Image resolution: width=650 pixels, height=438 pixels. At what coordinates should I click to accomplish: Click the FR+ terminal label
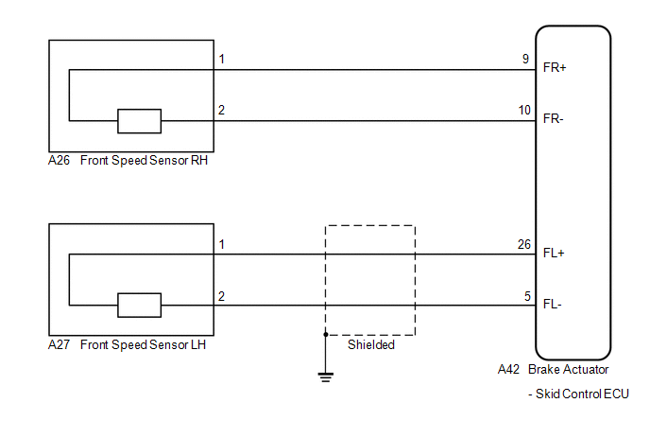(x=555, y=68)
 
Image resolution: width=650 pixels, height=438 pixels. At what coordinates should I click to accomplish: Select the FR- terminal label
(x=554, y=119)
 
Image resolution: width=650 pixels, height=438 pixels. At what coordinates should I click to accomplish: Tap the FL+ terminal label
(x=554, y=253)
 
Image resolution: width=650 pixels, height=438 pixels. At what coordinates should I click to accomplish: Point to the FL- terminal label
(x=553, y=305)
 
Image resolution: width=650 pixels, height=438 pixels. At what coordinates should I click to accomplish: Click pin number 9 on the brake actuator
(x=525, y=59)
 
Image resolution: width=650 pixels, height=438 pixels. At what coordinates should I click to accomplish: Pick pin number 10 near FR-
(x=524, y=110)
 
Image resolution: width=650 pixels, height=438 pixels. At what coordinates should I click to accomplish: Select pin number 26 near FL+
(x=524, y=244)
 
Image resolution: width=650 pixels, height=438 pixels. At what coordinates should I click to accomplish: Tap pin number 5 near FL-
(x=527, y=296)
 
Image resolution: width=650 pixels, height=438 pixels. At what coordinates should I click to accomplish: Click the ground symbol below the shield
(x=326, y=377)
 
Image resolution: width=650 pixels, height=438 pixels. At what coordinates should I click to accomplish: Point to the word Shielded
(x=371, y=344)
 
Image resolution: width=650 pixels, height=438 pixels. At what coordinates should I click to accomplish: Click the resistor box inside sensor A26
(x=139, y=121)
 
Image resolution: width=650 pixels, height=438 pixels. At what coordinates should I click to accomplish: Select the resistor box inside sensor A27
(x=139, y=306)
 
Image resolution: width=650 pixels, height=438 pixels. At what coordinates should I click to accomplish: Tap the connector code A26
(x=59, y=160)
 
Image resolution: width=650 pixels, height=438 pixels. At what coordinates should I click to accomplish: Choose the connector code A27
(x=59, y=344)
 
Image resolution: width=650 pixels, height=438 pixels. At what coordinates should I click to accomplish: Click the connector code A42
(x=508, y=369)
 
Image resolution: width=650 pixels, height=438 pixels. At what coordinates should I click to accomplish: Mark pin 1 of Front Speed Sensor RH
(x=222, y=59)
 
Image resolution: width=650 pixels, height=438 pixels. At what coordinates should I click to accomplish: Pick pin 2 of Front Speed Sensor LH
(x=222, y=296)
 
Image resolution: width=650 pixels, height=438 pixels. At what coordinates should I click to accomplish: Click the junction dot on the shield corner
(x=326, y=334)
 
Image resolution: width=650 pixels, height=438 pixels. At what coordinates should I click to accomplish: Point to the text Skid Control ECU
(x=582, y=394)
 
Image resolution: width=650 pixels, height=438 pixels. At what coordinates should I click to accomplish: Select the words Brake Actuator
(x=569, y=369)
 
